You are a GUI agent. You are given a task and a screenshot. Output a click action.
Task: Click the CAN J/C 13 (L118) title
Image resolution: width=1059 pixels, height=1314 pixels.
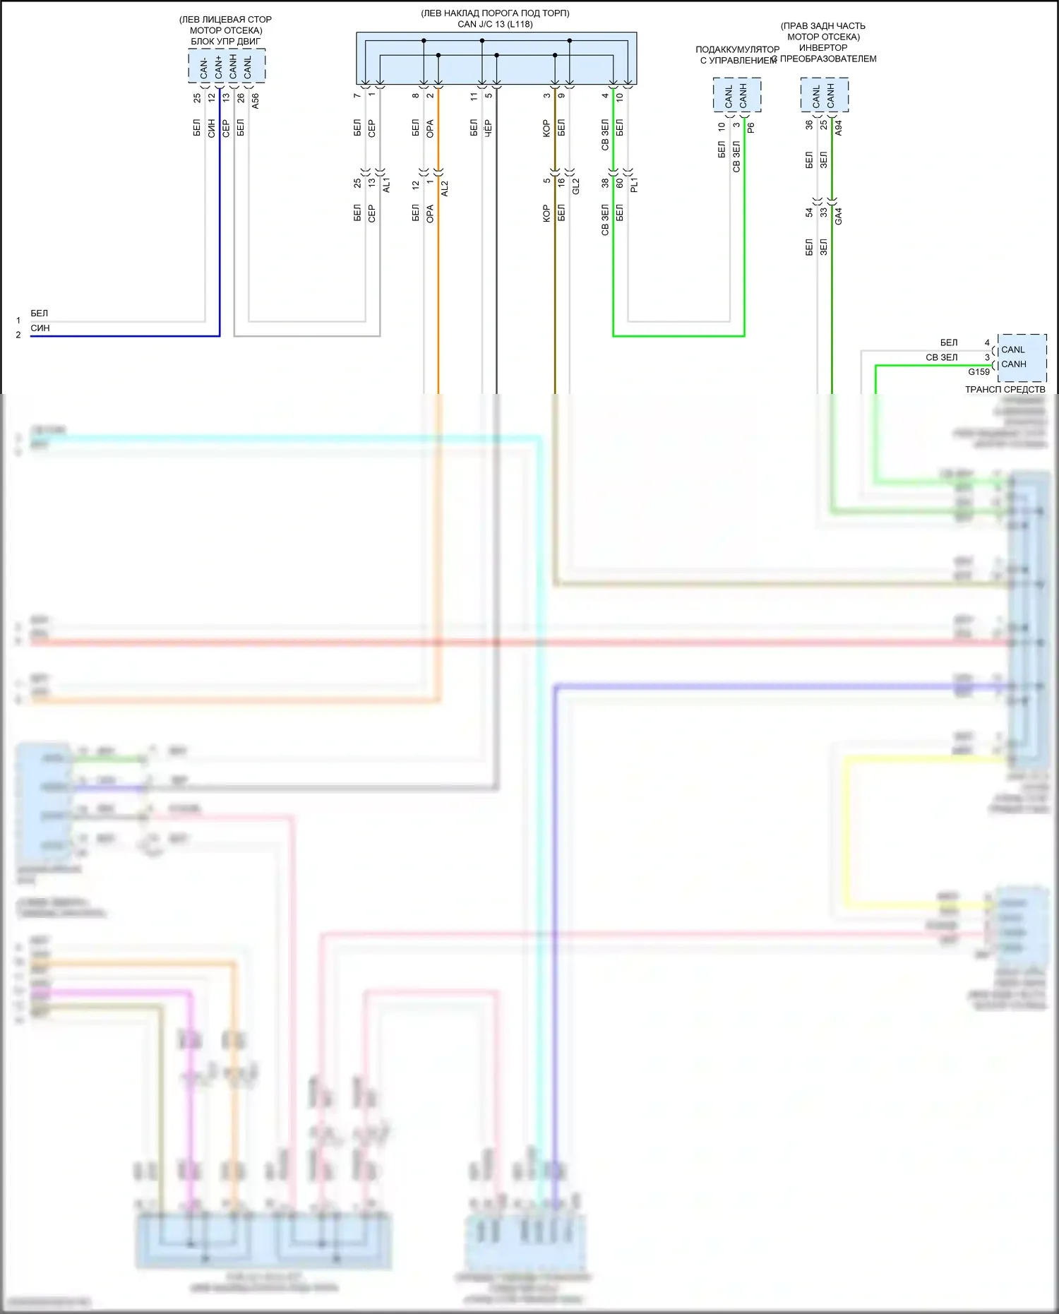495,24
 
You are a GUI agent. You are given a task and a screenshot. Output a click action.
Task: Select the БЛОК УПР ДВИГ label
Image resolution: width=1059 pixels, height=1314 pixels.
225,41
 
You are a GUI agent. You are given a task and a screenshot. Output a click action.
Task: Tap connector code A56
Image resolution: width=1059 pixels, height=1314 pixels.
256,100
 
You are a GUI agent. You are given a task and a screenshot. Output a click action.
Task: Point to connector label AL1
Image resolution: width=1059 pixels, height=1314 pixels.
386,186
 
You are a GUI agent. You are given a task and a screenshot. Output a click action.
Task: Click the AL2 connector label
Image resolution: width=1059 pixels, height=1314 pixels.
445,188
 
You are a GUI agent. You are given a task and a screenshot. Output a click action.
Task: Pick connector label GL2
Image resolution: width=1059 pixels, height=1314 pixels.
576,186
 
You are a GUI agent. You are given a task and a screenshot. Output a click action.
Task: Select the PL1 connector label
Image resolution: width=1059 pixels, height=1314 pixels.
634,185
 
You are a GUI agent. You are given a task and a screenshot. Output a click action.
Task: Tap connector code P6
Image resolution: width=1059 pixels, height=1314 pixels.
751,128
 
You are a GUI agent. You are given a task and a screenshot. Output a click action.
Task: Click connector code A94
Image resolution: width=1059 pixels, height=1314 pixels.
839,128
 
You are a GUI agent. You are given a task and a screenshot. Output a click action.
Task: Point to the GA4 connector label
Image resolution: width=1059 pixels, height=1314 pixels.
839,216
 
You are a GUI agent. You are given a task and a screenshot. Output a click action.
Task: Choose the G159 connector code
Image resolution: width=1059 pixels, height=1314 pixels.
979,372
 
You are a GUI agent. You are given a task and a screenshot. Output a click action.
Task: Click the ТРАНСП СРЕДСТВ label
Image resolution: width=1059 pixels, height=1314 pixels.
1005,389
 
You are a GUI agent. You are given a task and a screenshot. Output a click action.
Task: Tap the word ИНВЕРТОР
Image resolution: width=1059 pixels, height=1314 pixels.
823,47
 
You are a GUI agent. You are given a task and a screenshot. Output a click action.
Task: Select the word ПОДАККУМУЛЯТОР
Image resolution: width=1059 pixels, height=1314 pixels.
737,49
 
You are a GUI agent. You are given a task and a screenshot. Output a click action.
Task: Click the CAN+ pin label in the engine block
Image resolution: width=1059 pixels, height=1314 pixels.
219,67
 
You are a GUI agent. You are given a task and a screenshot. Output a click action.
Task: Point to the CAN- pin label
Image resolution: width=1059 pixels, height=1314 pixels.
204,68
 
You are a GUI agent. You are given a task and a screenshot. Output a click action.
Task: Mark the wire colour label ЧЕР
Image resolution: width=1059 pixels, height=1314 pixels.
489,128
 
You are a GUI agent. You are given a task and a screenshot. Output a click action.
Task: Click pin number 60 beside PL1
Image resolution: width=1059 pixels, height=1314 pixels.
619,183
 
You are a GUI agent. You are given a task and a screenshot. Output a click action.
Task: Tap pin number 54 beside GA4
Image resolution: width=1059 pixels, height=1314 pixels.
809,212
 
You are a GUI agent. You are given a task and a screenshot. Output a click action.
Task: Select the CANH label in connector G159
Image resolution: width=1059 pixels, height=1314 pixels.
1014,364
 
